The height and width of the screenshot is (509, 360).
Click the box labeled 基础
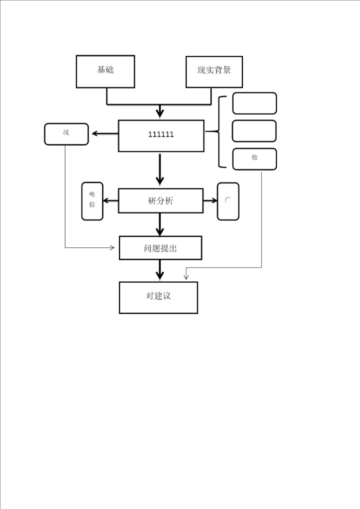(x=105, y=71)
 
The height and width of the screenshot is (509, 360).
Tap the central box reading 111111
(x=161, y=135)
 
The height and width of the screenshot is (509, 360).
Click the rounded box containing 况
(x=66, y=134)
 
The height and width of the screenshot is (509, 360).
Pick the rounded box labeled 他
(x=254, y=159)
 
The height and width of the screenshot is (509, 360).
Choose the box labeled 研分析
(x=160, y=201)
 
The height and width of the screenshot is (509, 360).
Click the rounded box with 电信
(x=92, y=201)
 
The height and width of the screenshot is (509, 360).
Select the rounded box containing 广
(x=228, y=201)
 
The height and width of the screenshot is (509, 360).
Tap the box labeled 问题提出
(x=160, y=248)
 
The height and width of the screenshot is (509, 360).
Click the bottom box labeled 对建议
(x=158, y=297)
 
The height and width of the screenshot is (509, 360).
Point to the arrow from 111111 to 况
(x=104, y=133)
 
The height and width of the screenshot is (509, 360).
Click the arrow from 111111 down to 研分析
(x=160, y=170)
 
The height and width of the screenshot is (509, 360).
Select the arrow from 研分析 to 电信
(x=110, y=201)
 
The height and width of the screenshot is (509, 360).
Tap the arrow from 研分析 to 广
(x=210, y=201)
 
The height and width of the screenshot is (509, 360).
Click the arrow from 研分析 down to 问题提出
(x=160, y=224)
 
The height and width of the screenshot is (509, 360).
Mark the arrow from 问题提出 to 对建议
(x=160, y=270)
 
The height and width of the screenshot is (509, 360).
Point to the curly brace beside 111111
(x=219, y=132)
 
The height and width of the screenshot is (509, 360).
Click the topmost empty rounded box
(x=254, y=103)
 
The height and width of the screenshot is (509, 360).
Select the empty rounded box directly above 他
(x=254, y=131)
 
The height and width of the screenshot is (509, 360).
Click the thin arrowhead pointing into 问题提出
(x=111, y=247)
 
